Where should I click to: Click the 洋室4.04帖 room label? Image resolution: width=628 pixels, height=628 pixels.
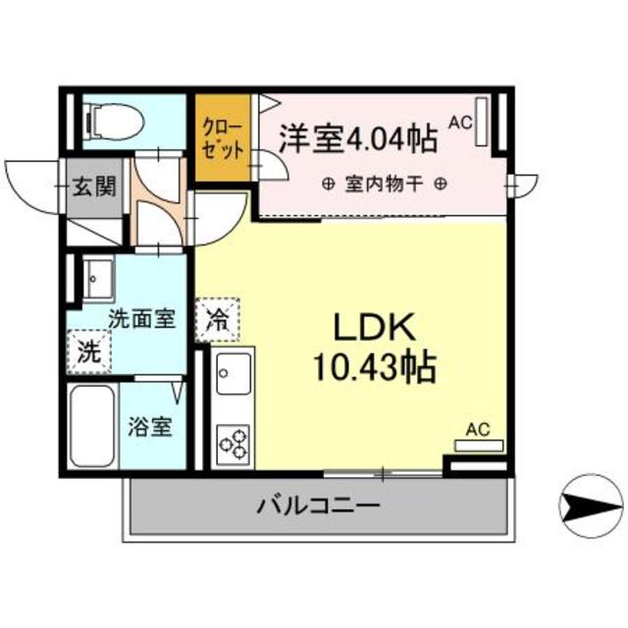click(x=357, y=138)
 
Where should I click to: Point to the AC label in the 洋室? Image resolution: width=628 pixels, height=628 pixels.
click(x=460, y=123)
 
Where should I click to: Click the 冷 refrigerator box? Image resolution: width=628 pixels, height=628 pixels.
click(x=218, y=319)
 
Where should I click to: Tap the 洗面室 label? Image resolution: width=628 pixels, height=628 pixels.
click(x=141, y=318)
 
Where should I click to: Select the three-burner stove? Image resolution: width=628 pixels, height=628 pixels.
click(x=234, y=444)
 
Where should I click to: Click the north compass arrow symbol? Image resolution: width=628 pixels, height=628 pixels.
click(x=589, y=506)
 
